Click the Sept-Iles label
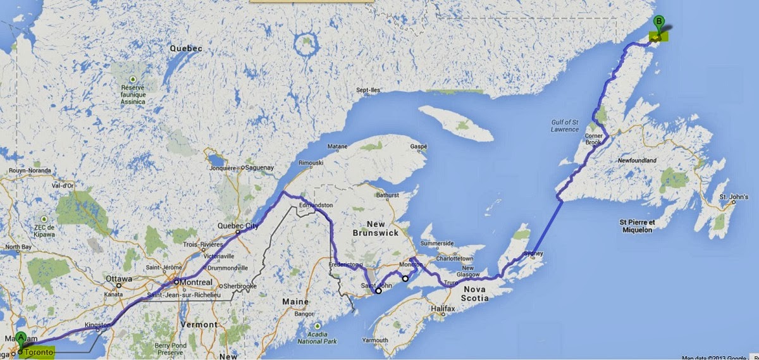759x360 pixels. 368,90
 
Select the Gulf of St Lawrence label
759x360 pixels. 564,125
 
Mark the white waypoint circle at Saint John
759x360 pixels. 378,291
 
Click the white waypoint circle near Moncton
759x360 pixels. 405,278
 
